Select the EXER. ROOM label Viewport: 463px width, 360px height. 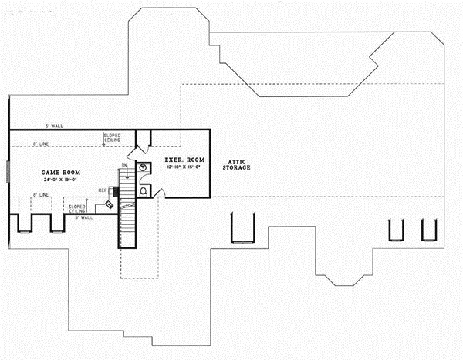[183, 160]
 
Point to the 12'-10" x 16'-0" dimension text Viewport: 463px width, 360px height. [183, 166]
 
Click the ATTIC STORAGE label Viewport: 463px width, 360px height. [235, 164]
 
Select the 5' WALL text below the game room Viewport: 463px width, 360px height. [83, 218]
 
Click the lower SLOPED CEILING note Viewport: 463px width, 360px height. [76, 208]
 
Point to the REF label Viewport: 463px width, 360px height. [102, 190]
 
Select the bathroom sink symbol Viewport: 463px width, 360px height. [144, 167]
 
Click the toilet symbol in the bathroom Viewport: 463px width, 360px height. [144, 187]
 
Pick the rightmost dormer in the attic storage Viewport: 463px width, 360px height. [428, 229]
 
